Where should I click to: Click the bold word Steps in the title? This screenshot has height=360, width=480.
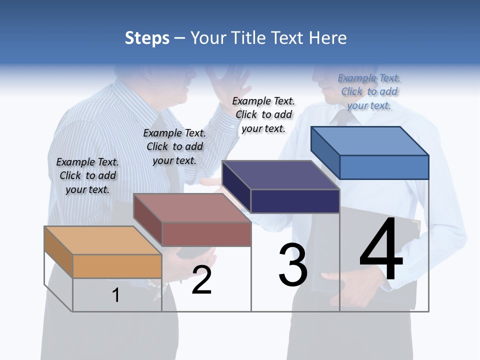click(147, 38)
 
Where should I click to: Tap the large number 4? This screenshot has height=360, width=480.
click(381, 250)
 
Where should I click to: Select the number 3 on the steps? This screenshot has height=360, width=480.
click(293, 265)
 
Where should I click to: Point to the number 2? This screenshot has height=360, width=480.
click(201, 280)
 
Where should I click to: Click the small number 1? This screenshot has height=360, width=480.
click(116, 295)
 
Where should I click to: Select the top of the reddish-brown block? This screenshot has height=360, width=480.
click(191, 208)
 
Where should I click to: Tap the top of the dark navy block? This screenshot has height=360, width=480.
click(280, 175)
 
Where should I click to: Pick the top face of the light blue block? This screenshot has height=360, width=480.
click(369, 141)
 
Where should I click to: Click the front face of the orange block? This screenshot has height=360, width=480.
click(117, 266)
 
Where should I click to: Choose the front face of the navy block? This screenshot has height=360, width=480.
click(295, 201)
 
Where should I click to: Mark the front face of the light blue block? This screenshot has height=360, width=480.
click(384, 167)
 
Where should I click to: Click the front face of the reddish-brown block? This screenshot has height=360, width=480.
click(206, 234)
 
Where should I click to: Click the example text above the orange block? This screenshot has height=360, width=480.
click(87, 175)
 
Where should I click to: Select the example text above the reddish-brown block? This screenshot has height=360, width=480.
click(174, 146)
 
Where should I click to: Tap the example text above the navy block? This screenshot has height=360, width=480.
click(263, 114)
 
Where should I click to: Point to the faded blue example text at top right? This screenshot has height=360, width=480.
click(369, 91)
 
